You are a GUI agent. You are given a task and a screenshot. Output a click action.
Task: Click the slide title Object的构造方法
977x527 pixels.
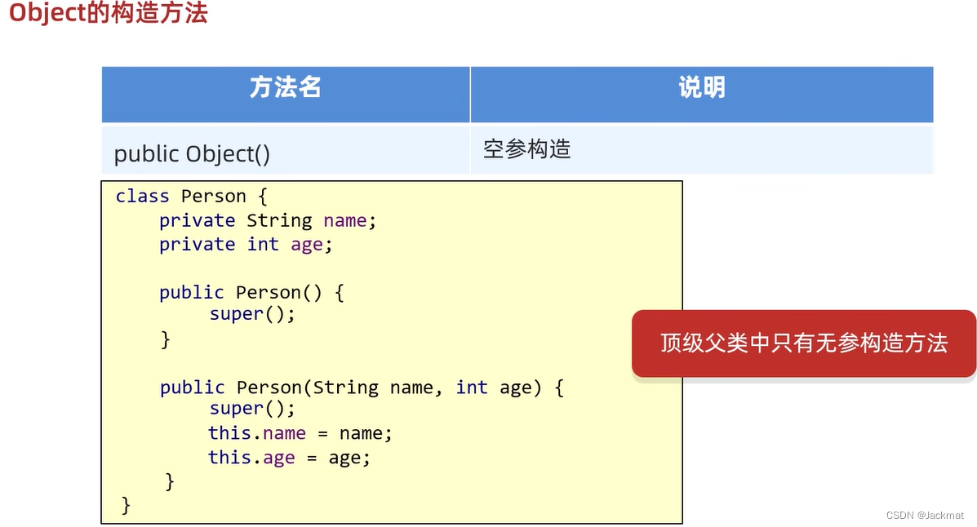108,14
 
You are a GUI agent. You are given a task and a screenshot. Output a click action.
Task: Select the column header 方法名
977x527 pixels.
285,88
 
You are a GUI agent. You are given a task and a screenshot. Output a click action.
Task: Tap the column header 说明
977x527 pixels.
701,88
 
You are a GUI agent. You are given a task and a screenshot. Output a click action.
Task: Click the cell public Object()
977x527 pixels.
192,153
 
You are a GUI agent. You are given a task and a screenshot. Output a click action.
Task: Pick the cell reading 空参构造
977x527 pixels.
526,149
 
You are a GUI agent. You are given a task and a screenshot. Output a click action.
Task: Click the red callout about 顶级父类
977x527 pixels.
803,343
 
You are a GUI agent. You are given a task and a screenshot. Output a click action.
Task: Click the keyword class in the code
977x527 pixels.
142,197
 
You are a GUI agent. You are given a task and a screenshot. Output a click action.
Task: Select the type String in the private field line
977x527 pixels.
279,221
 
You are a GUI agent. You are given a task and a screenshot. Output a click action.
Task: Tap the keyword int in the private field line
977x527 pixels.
263,245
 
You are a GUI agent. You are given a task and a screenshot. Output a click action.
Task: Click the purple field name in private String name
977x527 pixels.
345,221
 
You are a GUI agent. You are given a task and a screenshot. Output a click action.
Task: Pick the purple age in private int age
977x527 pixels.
307,245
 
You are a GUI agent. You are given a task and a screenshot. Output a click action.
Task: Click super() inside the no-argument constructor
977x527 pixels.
251,314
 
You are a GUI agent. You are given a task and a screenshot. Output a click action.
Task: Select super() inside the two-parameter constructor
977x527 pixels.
251,409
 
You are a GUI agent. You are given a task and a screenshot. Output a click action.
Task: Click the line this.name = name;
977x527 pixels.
300,433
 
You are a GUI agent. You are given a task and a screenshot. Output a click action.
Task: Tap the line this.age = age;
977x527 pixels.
289,458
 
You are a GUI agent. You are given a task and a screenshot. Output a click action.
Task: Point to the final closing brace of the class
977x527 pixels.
126,505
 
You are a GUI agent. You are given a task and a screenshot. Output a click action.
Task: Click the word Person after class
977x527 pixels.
213,197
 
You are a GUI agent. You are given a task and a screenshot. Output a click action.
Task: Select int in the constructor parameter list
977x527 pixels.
472,387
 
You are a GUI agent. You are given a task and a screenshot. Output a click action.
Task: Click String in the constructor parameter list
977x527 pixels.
345,387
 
